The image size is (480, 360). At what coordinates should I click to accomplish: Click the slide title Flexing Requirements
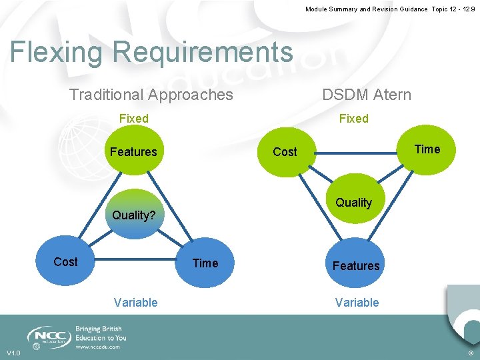point(151,52)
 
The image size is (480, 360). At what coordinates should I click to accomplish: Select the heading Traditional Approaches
point(151,95)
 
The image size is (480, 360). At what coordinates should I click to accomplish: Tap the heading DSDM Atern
point(367,95)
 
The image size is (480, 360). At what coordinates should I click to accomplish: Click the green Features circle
point(133,151)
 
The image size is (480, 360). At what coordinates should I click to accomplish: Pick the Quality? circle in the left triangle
point(133,215)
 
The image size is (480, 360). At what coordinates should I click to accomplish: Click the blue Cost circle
point(65,261)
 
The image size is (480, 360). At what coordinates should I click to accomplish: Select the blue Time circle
point(205,263)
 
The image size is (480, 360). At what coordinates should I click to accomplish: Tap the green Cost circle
point(285,152)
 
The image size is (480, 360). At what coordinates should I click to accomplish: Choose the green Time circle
point(427,149)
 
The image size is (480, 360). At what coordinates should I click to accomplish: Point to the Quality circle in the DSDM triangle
point(353,202)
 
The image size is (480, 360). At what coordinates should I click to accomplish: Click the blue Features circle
point(355,265)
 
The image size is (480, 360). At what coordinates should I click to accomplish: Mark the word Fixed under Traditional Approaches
point(133,119)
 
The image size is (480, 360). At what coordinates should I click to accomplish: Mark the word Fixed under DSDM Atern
point(353,119)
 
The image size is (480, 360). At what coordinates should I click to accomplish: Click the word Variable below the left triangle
point(135,302)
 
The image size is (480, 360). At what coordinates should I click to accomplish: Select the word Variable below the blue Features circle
point(357,302)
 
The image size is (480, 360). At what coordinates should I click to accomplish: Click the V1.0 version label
point(13,353)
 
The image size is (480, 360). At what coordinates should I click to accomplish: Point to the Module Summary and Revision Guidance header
point(390,9)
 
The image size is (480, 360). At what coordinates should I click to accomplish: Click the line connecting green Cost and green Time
point(357,153)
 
